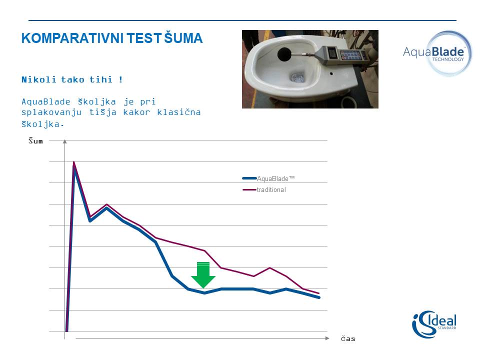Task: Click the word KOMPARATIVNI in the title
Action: coord(72,38)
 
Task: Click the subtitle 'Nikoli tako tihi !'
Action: coord(72,79)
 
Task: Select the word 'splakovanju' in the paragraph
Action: coord(51,112)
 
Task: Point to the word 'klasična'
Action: coord(179,112)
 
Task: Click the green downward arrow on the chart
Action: coord(203,275)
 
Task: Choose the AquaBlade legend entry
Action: coord(268,178)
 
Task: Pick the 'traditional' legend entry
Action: coord(264,190)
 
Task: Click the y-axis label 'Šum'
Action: coord(35,140)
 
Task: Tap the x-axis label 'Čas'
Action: coord(348,338)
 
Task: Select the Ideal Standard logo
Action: coord(434,324)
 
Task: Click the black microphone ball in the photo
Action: coord(284,54)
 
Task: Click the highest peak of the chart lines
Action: coord(74,162)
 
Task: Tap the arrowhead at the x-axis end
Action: coord(327,338)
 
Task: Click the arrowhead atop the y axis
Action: coord(65,141)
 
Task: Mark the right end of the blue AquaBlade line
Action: coord(319,297)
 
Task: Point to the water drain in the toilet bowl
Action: coord(296,77)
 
